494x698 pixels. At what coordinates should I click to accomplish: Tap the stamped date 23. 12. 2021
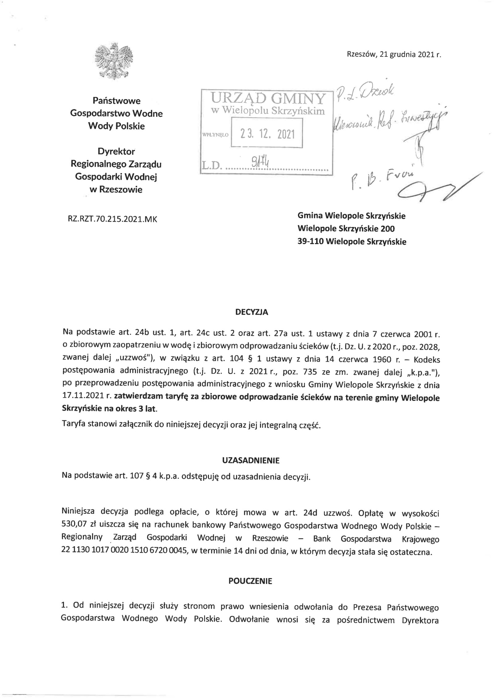pyautogui.click(x=267, y=134)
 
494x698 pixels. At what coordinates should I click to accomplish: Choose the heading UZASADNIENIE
pyautogui.click(x=251, y=461)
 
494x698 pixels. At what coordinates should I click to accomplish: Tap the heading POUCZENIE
pyautogui.click(x=250, y=581)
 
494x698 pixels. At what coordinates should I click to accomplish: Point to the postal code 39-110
pyautogui.click(x=310, y=242)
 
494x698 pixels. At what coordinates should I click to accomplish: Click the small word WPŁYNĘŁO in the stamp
pyautogui.click(x=215, y=135)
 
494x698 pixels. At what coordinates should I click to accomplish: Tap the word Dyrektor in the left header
pyautogui.click(x=116, y=151)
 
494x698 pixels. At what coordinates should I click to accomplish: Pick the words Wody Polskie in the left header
pyautogui.click(x=116, y=126)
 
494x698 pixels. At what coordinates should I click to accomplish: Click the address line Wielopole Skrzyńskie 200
pyautogui.click(x=346, y=229)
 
